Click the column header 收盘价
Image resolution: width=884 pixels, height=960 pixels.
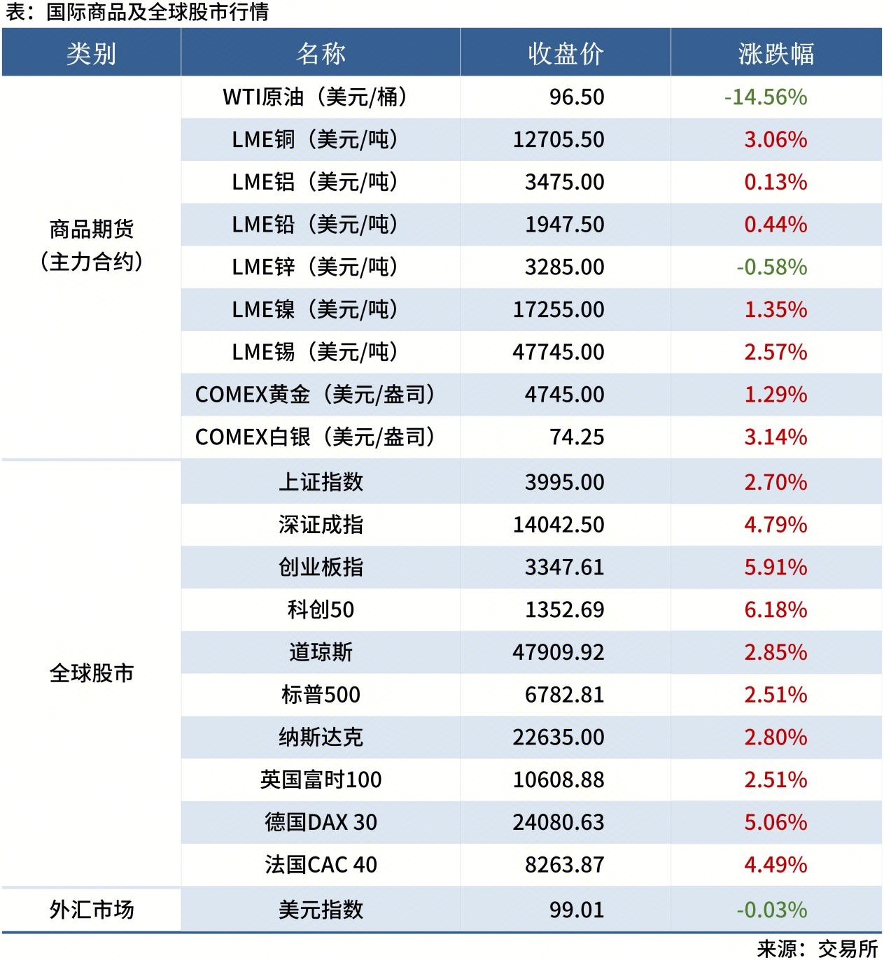coord(566,53)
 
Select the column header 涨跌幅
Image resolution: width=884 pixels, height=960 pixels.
coord(776,53)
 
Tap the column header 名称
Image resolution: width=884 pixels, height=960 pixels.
coord(321,53)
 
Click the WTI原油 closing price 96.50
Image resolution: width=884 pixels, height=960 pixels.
coord(576,97)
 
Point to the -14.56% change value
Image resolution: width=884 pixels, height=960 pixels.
coord(765,97)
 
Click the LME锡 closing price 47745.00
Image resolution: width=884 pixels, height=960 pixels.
coord(558,352)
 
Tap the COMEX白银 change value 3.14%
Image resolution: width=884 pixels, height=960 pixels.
coord(775,437)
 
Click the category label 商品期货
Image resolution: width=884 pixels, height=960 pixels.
coord(91,229)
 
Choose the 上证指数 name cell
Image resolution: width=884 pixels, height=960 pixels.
coord(321,482)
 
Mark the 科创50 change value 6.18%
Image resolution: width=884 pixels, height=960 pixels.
coord(775,609)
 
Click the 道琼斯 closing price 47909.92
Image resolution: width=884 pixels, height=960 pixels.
coord(558,652)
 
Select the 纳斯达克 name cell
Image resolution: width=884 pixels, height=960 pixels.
coord(321,737)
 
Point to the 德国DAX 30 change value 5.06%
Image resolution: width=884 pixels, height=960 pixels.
coord(775,822)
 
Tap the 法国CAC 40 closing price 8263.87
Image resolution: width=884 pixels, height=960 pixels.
coord(564,865)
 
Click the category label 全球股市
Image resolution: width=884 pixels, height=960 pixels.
coord(91,673)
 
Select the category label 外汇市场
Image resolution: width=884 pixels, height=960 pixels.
coord(91,910)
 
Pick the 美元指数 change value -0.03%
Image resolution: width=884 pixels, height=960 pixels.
coord(771,910)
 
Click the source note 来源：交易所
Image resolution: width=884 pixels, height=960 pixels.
coord(817,948)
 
